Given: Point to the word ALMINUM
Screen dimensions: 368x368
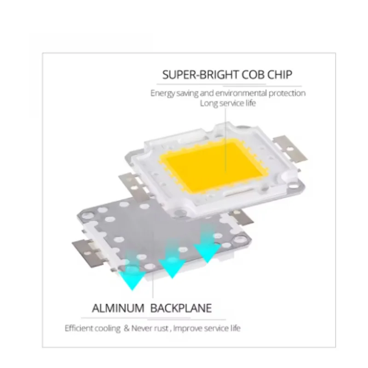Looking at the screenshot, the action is tap(117, 308).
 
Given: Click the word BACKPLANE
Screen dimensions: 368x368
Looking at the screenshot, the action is tap(181, 308).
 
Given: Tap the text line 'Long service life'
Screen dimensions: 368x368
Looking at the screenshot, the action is tap(228, 103).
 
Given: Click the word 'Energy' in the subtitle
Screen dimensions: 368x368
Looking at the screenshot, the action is tap(162, 93).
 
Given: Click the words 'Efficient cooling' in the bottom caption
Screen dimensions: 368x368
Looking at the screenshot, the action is tap(92, 328).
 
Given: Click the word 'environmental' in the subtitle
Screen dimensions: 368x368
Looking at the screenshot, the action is tap(242, 93).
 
